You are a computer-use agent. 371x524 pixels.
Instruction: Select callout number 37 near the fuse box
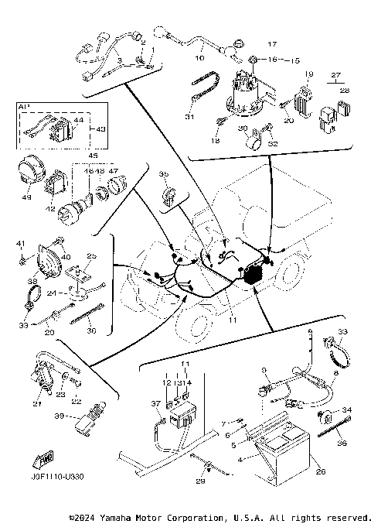(155, 403)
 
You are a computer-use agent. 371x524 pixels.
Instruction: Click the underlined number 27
(335, 74)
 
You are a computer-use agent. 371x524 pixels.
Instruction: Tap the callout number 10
(199, 57)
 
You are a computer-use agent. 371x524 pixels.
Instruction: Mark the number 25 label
(90, 255)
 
